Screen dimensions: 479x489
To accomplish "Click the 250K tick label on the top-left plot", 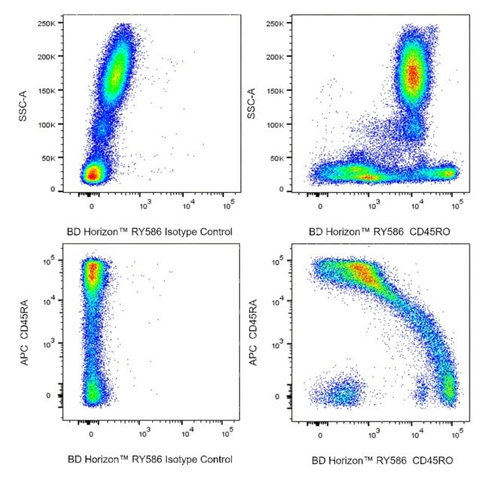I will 51,23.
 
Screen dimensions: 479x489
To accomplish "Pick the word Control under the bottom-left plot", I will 214,459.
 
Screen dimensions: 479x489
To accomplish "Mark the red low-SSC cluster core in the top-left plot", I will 92,174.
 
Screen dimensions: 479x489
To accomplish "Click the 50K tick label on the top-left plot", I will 53,159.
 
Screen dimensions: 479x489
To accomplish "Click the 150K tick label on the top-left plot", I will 51,91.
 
